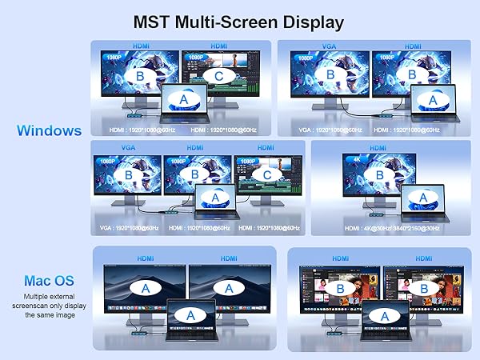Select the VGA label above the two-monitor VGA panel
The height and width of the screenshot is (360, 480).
coord(329,46)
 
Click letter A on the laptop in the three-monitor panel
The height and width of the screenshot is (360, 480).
coord(214,197)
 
